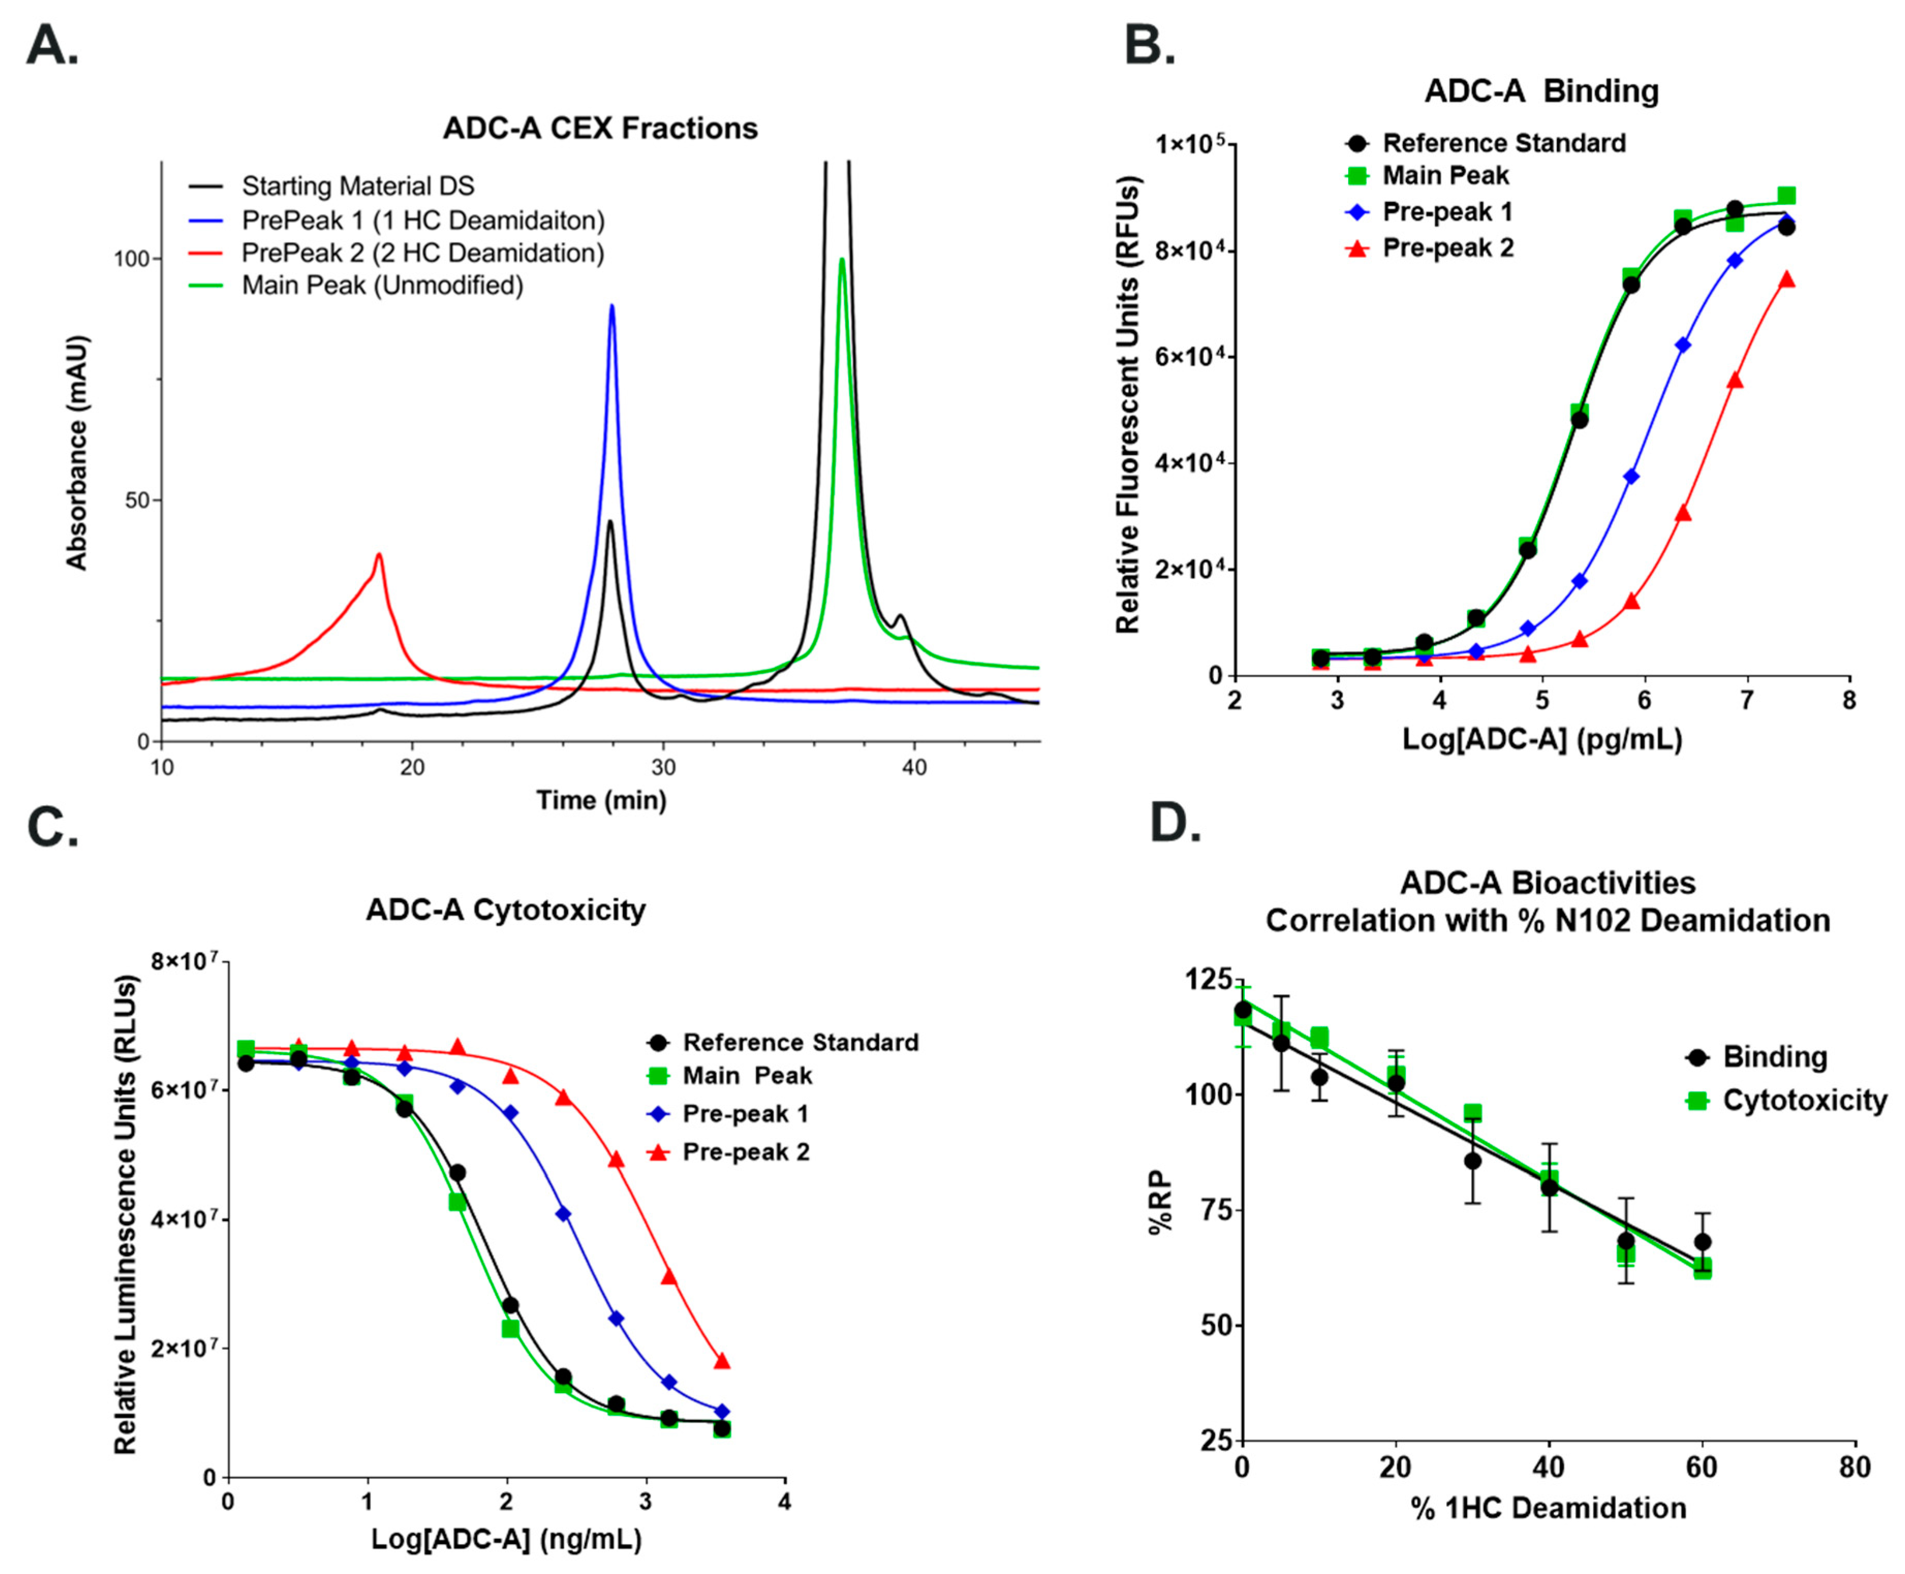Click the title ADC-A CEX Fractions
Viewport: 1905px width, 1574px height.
click(x=599, y=128)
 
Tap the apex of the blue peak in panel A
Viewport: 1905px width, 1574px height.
click(x=612, y=306)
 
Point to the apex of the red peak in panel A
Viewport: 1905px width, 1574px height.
click(x=379, y=555)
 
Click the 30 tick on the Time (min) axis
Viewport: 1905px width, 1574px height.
click(x=663, y=767)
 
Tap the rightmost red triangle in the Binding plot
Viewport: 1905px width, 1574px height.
click(x=1786, y=279)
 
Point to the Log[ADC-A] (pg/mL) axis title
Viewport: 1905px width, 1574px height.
click(x=1541, y=740)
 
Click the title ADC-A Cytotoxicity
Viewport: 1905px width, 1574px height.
click(x=506, y=909)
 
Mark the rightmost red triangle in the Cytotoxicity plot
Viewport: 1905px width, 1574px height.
click(x=722, y=1361)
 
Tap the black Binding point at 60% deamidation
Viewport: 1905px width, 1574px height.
click(x=1702, y=1242)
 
